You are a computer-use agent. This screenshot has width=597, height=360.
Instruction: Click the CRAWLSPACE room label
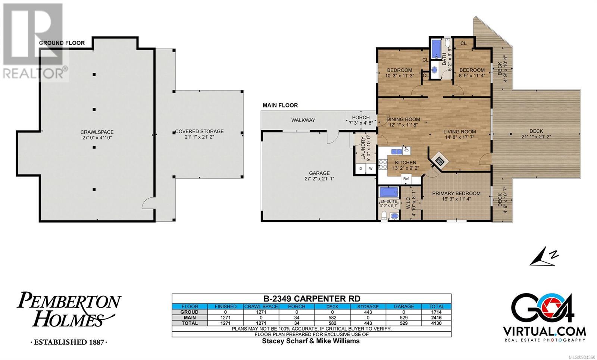pos(97,132)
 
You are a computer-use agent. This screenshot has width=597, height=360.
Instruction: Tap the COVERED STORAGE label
pos(199,131)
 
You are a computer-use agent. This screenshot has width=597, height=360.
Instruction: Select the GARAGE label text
pos(319,173)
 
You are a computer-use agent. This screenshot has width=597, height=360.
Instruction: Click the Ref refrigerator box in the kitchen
pos(406,179)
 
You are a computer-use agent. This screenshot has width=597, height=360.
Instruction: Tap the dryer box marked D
pos(361,169)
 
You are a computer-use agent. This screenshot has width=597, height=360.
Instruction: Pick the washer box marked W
pos(371,169)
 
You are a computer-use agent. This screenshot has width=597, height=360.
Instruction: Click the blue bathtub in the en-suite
pos(389,192)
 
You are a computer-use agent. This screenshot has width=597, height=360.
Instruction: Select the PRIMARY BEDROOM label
pos(456,194)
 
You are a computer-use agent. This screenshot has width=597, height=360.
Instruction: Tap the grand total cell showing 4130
pos(436,323)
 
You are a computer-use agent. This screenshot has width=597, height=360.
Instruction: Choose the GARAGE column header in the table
pos(404,306)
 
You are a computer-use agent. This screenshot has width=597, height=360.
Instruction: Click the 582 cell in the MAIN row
pos(332,317)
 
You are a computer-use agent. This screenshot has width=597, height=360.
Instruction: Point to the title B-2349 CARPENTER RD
pos(312,299)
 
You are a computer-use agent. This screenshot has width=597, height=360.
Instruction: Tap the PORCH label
pos(361,118)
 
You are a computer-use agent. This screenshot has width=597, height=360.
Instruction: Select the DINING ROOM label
pos(403,120)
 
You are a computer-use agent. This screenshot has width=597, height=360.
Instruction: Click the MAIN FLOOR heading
pos(280,105)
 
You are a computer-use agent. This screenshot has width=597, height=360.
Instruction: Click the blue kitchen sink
pos(397,151)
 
